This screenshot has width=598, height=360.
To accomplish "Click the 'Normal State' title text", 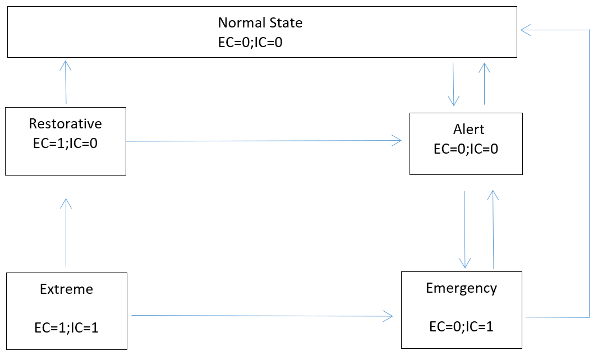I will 260,23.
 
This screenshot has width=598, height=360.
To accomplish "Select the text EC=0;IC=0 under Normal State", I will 250,42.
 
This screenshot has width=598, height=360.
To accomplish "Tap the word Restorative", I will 66,123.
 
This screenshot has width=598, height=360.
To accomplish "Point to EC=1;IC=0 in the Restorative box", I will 66,143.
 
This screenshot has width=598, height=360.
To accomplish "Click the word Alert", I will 468,130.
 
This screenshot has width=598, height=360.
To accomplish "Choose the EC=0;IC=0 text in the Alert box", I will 466,149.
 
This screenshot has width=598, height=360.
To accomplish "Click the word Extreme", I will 66,289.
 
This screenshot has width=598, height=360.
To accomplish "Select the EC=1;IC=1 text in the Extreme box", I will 66,327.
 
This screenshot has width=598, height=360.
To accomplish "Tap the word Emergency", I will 461,288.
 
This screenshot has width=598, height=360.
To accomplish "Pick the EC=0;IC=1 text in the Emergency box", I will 461,326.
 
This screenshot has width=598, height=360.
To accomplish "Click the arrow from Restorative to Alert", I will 264,141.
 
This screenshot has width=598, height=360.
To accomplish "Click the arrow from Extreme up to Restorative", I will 66,233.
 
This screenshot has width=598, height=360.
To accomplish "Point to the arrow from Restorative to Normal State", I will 66,82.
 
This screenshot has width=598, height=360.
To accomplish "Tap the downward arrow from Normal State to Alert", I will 453,84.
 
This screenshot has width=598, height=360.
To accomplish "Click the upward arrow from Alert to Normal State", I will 485,83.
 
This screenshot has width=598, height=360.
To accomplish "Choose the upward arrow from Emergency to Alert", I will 493,229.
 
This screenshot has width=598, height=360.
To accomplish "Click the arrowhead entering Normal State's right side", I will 525,30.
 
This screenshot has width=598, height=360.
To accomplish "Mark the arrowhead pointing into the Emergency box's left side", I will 388,317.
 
